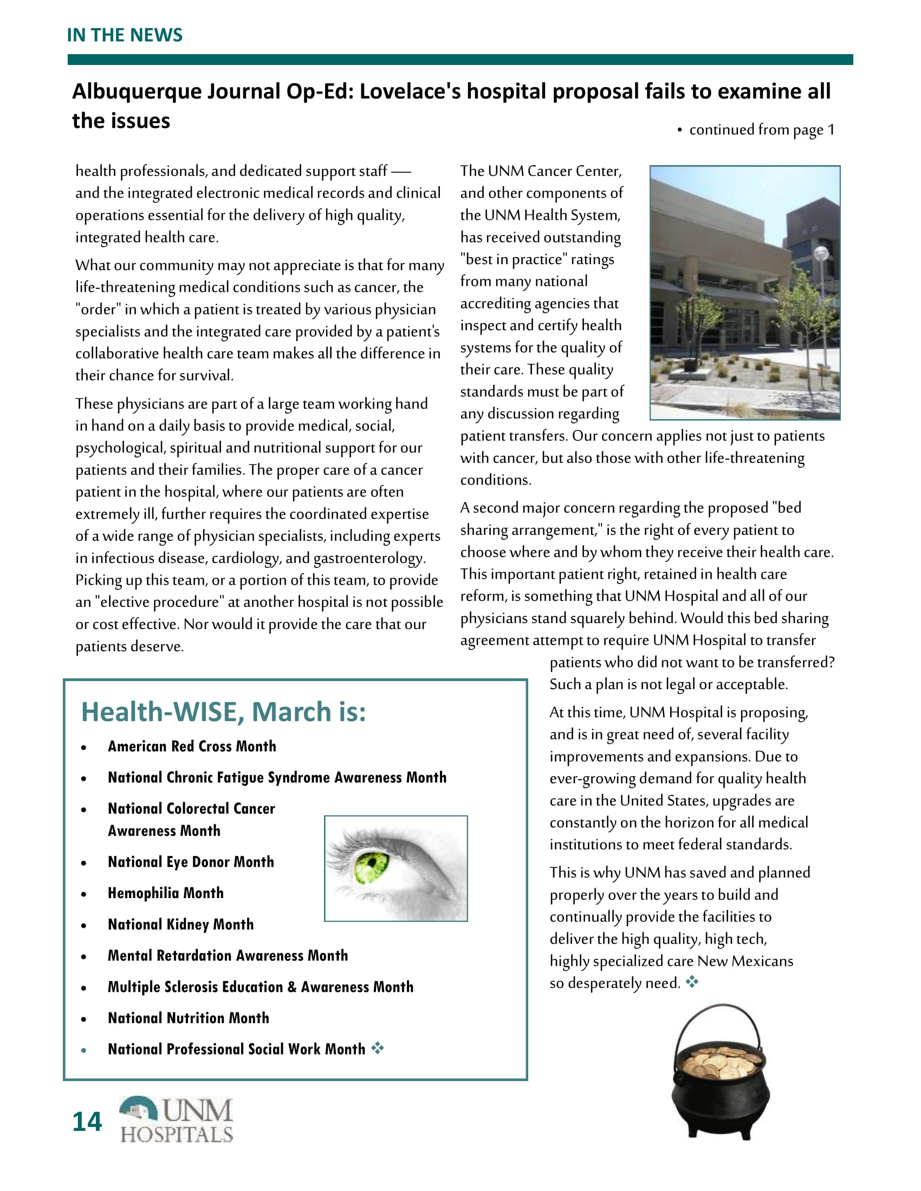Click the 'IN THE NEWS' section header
(125, 35)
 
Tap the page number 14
(87, 1122)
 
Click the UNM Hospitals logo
(176, 1120)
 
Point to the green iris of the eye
(371, 866)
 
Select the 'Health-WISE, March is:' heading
(223, 712)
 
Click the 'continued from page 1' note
(761, 130)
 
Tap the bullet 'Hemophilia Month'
(165, 893)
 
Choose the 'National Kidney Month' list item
(180, 924)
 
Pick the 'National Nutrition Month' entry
(188, 1018)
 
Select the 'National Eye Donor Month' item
(190, 862)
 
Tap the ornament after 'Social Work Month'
(378, 1048)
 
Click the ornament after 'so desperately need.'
(692, 982)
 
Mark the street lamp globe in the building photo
(821, 252)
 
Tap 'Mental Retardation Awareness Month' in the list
(228, 956)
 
